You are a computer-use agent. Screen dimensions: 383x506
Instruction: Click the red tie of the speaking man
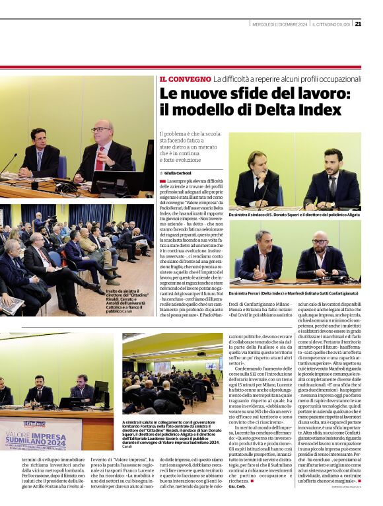point(100,159)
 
